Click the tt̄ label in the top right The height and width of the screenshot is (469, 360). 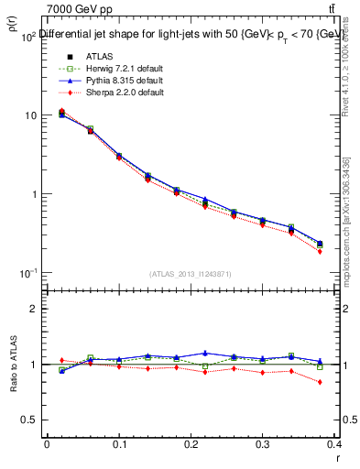click(344, 9)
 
